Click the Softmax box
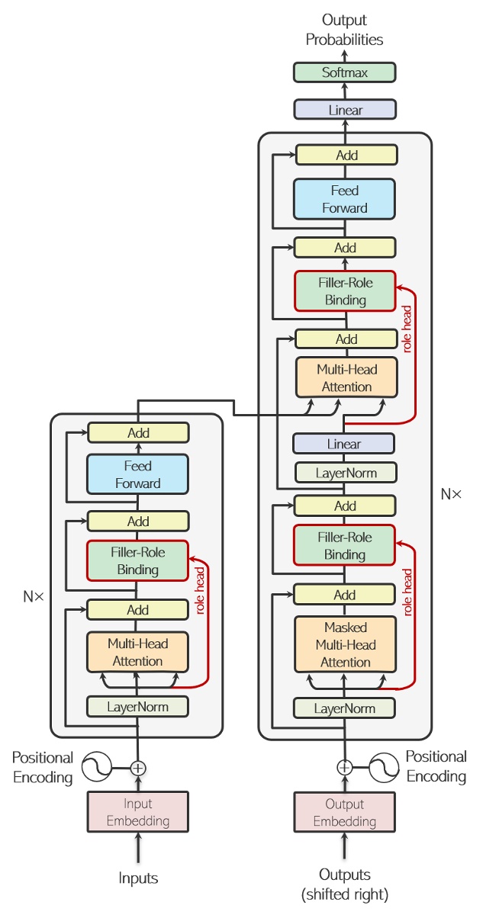pyautogui.click(x=345, y=73)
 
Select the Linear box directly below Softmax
pyautogui.click(x=345, y=110)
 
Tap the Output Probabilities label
pyautogui.click(x=345, y=30)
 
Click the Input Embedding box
pyautogui.click(x=138, y=812)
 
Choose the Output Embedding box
pyautogui.click(x=345, y=812)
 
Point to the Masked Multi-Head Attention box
pyautogui.click(x=345, y=644)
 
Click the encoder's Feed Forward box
pyautogui.click(x=138, y=474)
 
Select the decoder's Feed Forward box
pyautogui.click(x=345, y=199)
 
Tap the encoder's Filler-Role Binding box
pyautogui.click(x=138, y=560)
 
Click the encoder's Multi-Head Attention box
pyautogui.click(x=138, y=652)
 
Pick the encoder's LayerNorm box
pyautogui.click(x=138, y=706)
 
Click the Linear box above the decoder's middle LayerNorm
pyautogui.click(x=343, y=444)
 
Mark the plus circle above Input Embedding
pyautogui.click(x=137, y=767)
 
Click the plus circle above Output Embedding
pyautogui.click(x=345, y=766)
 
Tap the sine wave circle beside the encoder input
pyautogui.click(x=97, y=767)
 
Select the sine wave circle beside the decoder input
pyautogui.click(x=385, y=766)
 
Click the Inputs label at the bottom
pyautogui.click(x=138, y=878)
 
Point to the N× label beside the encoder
pyautogui.click(x=34, y=596)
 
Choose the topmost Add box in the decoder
pyautogui.click(x=346, y=156)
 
